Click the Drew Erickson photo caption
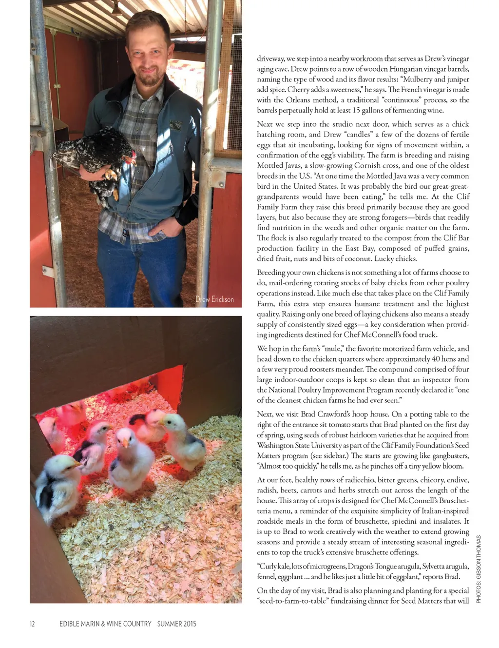[x=214, y=299]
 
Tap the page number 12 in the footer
[x=32, y=624]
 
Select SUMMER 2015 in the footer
[x=176, y=624]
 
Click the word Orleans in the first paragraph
[x=296, y=100]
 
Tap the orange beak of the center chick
[x=125, y=444]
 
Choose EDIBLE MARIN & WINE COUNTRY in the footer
[x=105, y=624]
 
